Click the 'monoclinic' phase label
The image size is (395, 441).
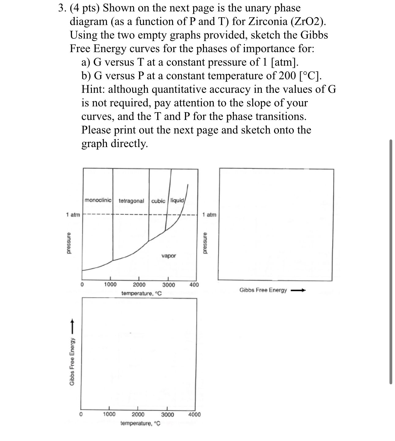98,200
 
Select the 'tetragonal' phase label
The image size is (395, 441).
131,201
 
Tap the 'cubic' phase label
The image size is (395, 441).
158,201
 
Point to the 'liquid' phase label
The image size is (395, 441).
177,200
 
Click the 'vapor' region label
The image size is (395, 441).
168,256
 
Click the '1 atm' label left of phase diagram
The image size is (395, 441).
73,215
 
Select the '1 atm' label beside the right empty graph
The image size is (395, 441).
209,215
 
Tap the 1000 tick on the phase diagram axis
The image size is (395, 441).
110,284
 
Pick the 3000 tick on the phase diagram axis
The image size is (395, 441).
168,285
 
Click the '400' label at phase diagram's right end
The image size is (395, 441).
194,285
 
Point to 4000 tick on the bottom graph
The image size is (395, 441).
194,415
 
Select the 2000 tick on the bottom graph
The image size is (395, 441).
138,415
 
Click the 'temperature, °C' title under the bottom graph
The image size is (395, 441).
140,424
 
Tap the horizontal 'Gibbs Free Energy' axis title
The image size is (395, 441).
263,290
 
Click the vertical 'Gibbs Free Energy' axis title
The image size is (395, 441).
72,362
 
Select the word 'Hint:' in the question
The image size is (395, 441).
93,89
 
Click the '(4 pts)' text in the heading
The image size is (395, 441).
84,8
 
